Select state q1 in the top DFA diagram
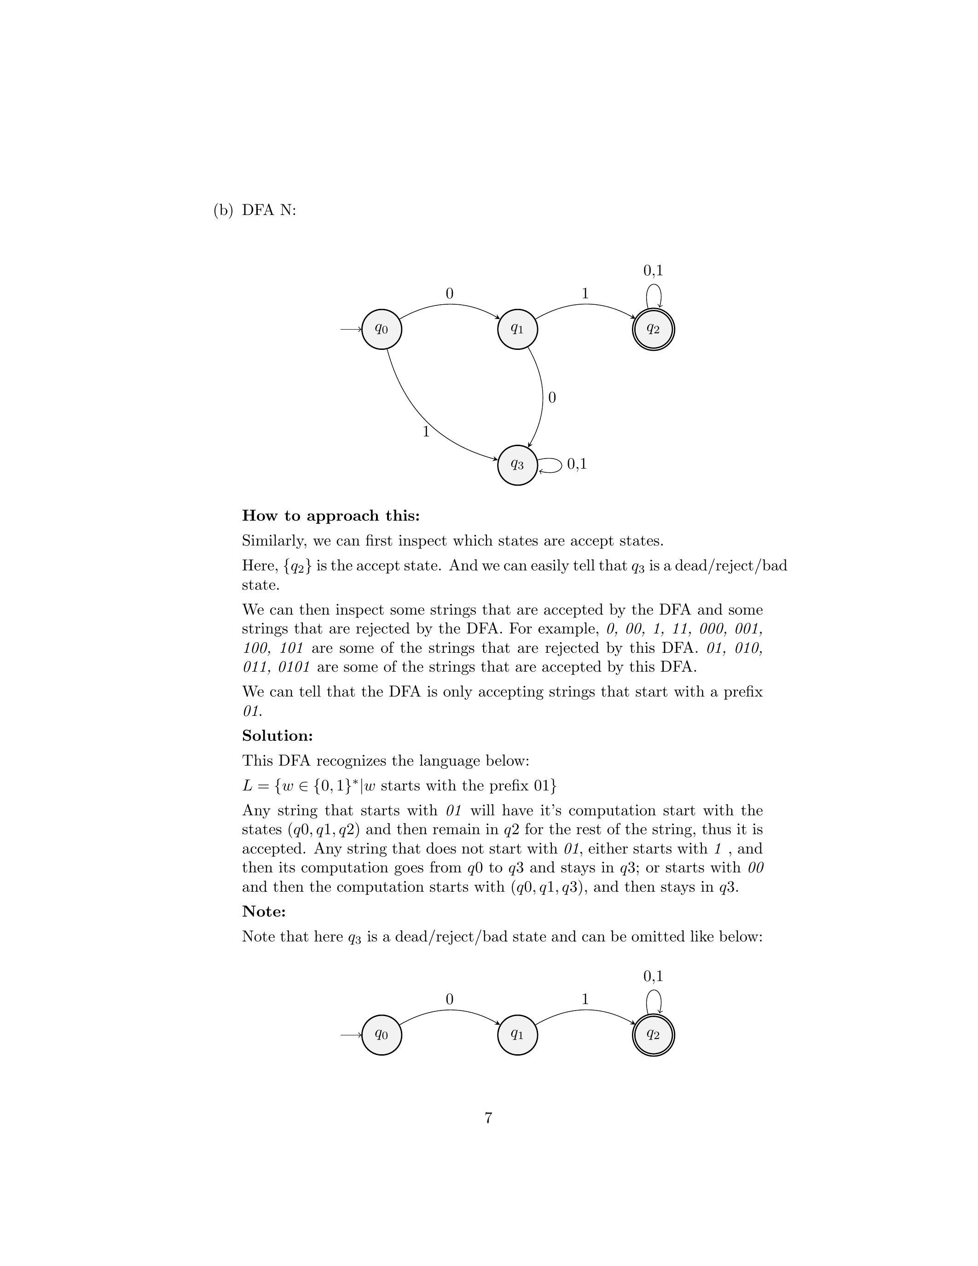coord(517,329)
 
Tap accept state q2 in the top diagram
coord(653,329)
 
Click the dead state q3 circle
coord(517,465)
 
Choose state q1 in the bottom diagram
coord(517,1035)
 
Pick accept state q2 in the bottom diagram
coord(653,1035)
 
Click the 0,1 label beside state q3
coord(577,464)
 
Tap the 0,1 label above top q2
coord(653,270)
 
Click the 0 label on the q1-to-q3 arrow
coord(551,398)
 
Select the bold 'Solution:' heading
coord(277,736)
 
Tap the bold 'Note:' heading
coord(264,911)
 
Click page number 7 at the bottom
coord(488,1118)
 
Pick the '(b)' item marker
coord(223,210)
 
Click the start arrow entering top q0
coord(351,329)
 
